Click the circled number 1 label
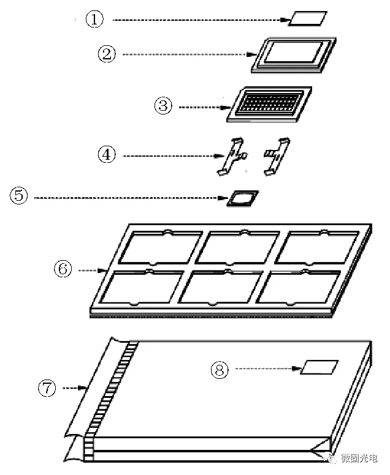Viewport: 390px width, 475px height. (94, 20)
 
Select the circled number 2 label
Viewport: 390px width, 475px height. (107, 54)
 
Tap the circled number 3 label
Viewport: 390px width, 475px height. (162, 106)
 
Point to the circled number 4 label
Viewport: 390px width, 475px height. (107, 155)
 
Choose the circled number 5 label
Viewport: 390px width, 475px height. (19, 196)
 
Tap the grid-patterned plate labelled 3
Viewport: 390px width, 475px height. (269, 102)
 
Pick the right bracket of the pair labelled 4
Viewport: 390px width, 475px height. (278, 154)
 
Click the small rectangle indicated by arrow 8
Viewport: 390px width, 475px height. (320, 367)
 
